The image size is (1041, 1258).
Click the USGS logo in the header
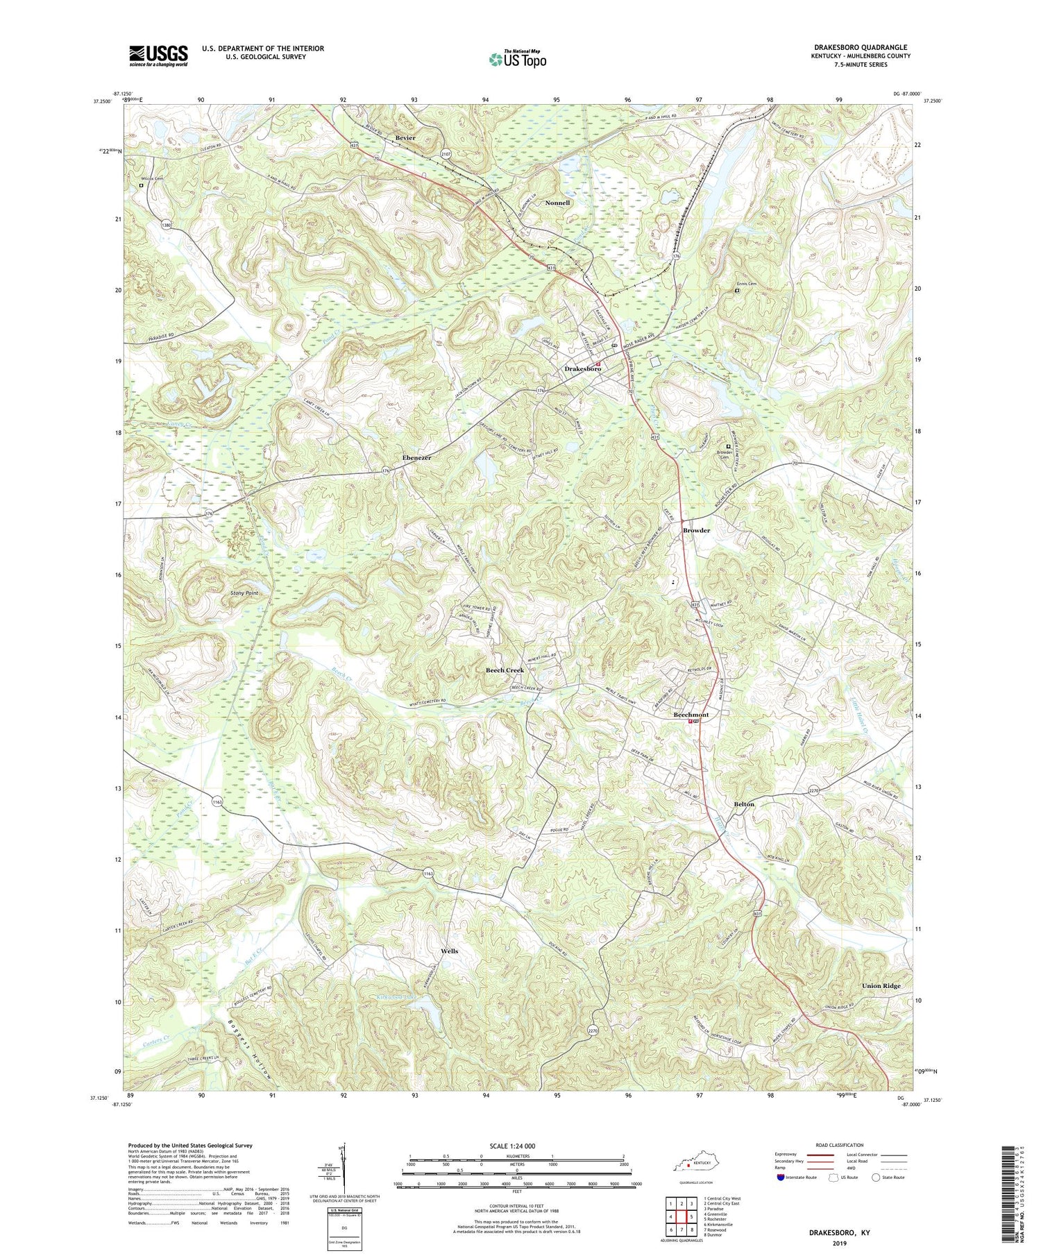click(x=158, y=56)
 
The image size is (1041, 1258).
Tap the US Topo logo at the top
click(x=517, y=60)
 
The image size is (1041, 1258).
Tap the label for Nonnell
click(x=557, y=203)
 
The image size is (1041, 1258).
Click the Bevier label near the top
click(x=405, y=138)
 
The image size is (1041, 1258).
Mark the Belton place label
click(x=744, y=804)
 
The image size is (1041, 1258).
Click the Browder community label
click(x=696, y=530)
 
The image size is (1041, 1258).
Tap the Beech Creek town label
click(x=505, y=670)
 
